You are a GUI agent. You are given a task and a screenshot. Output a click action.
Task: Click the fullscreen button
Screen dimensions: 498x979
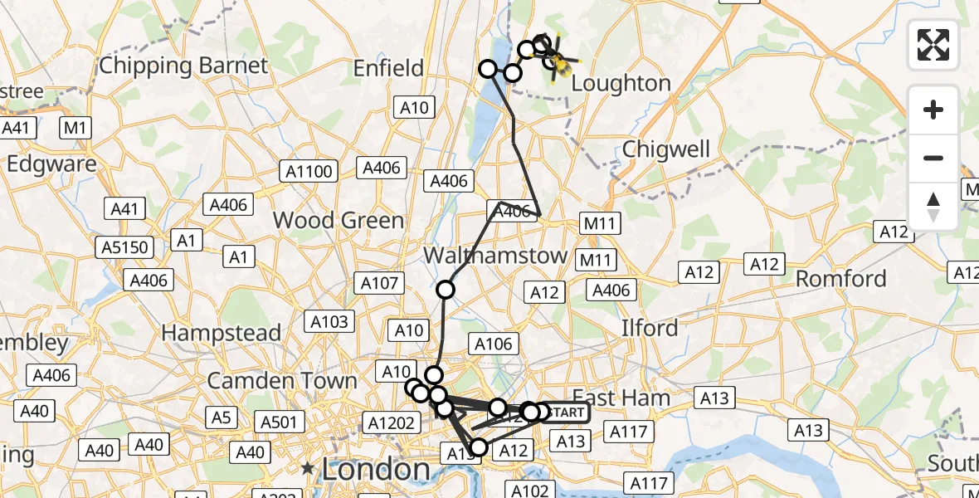[933, 44]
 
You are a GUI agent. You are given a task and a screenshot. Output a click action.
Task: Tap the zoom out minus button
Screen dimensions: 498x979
[933, 158]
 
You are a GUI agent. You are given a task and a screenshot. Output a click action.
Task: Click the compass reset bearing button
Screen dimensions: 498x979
[933, 205]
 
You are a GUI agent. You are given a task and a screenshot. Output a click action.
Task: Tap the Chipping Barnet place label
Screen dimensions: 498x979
[183, 66]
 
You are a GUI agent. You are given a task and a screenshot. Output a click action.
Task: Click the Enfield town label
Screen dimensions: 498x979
[388, 68]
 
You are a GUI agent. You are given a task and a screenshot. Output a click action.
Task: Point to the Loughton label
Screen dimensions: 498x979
[621, 83]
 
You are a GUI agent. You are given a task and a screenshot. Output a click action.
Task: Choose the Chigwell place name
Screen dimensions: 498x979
[666, 149]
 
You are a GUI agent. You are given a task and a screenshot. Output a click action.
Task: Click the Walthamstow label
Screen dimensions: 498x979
[495, 255]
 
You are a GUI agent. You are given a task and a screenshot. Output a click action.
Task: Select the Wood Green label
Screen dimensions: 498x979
[339, 220]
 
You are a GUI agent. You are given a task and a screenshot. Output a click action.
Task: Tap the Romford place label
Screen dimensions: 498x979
[841, 278]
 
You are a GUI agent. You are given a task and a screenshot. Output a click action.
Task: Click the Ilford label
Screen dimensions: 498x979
[650, 328]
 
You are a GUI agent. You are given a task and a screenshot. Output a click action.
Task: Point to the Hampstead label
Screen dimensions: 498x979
[222, 333]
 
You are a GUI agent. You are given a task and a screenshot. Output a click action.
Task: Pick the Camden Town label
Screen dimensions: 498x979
[282, 381]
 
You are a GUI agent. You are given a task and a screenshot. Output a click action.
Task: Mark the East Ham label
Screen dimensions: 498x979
[621, 398]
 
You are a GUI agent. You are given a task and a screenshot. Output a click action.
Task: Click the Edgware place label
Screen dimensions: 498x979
[51, 164]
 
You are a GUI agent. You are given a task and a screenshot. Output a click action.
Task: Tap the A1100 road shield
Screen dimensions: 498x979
[308, 172]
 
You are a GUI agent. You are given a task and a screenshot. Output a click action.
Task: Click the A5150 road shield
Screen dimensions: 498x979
[124, 247]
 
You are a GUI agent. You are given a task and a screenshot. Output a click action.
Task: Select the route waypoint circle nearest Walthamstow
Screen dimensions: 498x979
[446, 290]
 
